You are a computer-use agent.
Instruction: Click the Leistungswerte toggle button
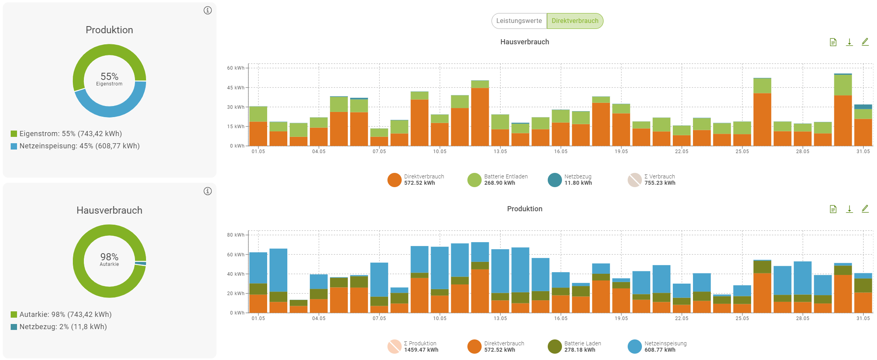(x=519, y=21)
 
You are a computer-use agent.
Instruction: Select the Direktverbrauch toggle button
(x=575, y=21)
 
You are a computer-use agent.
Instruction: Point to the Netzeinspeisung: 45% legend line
(x=79, y=146)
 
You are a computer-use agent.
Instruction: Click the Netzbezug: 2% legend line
(x=63, y=327)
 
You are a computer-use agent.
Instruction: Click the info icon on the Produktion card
(x=208, y=10)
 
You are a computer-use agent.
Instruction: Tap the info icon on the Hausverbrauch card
(x=208, y=191)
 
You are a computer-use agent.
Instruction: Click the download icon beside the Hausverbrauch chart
(x=849, y=42)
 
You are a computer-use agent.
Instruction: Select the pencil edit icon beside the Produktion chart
(x=865, y=209)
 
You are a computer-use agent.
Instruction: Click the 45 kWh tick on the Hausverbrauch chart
(x=235, y=88)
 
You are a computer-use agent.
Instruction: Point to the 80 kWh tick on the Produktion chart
(x=235, y=235)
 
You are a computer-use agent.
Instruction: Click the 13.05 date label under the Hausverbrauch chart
(x=500, y=152)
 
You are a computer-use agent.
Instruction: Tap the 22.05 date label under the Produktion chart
(x=681, y=318)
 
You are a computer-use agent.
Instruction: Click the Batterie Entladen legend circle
(x=475, y=180)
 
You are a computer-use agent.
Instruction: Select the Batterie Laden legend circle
(x=555, y=347)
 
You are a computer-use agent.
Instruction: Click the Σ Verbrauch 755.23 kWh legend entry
(x=659, y=180)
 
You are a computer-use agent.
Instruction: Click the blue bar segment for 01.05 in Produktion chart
(x=258, y=268)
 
